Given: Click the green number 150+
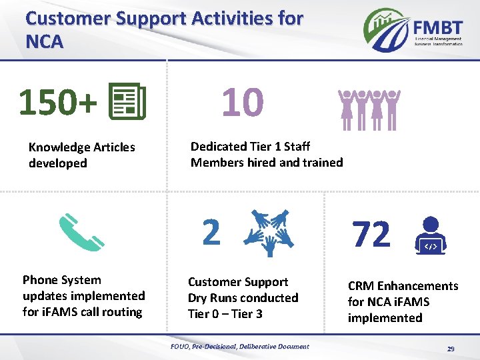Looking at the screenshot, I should [x=58, y=103].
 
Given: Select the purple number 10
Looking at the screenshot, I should [x=242, y=103].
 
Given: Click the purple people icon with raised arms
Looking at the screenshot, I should [x=366, y=109].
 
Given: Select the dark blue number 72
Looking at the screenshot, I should [x=371, y=235].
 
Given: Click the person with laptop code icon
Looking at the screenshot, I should [x=431, y=237].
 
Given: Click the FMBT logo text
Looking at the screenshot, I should [x=437, y=28].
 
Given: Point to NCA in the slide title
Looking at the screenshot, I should [x=44, y=42].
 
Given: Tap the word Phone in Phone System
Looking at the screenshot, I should [x=39, y=280].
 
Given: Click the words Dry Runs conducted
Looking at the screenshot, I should [x=243, y=298].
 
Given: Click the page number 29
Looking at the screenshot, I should [x=451, y=349].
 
